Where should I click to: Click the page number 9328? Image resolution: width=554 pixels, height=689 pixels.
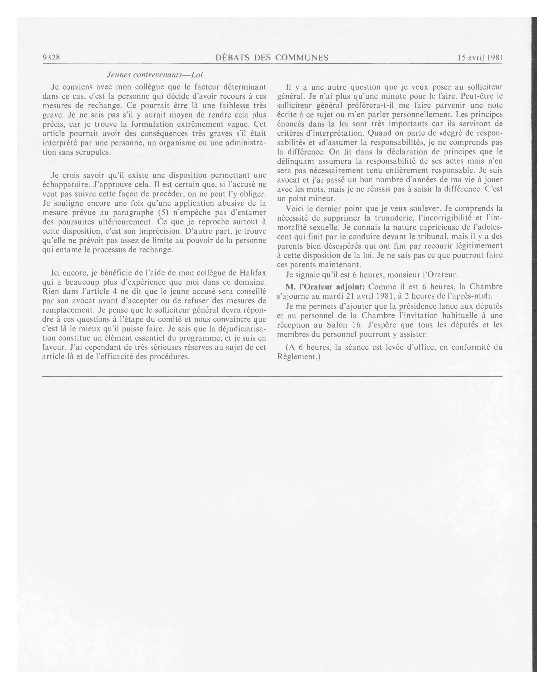click(51, 58)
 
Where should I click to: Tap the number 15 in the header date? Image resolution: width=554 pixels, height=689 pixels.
click(461, 58)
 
